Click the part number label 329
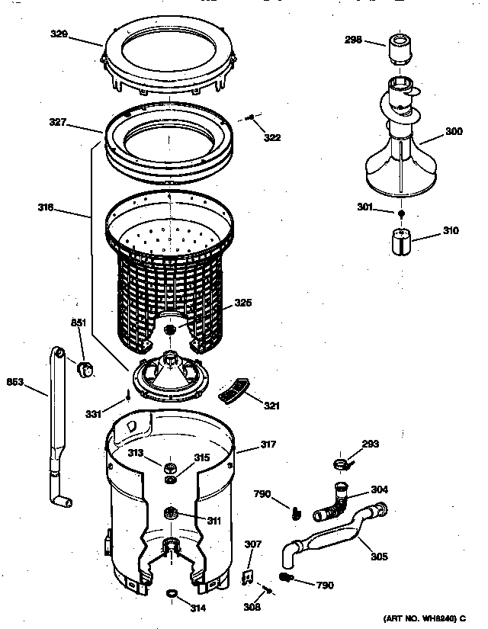(80, 34)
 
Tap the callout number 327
(80, 121)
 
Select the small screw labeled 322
(249, 117)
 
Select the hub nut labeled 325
(169, 328)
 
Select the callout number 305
(378, 557)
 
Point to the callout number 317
(268, 444)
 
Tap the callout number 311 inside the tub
(213, 521)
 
